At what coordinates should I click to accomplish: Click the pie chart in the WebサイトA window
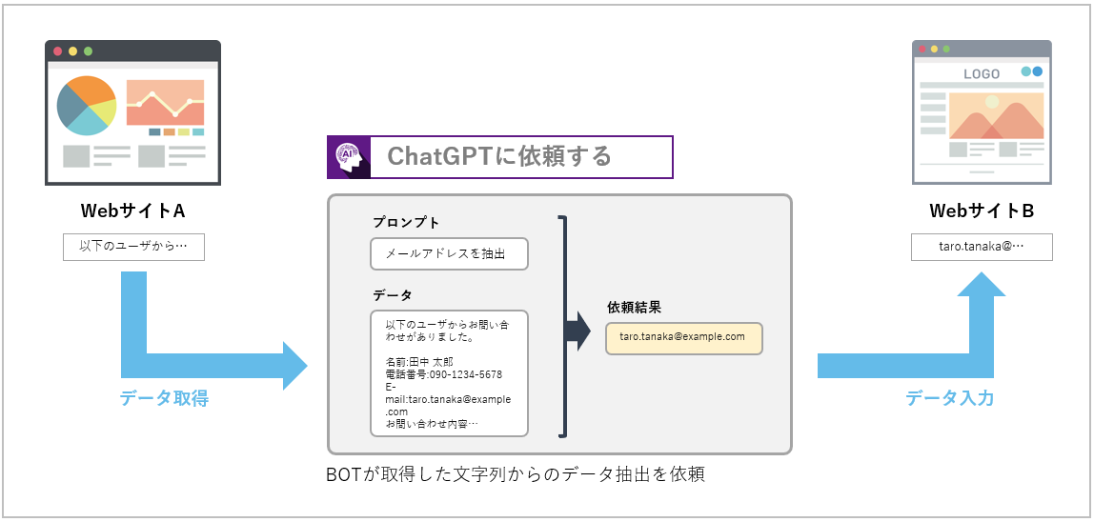point(86,105)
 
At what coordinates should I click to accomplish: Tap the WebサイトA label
point(132,210)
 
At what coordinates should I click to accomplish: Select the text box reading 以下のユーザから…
point(133,247)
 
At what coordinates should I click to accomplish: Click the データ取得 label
point(164,398)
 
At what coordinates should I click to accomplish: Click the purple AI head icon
point(349,157)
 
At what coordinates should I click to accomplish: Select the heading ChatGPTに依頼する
point(499,156)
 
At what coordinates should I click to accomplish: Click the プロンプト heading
point(406,223)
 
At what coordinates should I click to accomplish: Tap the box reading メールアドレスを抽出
point(449,253)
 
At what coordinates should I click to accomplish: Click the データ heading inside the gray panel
point(392,295)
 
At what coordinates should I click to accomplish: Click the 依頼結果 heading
point(634,308)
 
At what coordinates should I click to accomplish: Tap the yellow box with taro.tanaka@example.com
point(683,337)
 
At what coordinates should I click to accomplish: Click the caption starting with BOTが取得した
point(516,474)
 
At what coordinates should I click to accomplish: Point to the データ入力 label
point(949,398)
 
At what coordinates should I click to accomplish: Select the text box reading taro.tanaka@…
point(982,247)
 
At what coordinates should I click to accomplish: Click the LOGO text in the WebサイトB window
point(982,73)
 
